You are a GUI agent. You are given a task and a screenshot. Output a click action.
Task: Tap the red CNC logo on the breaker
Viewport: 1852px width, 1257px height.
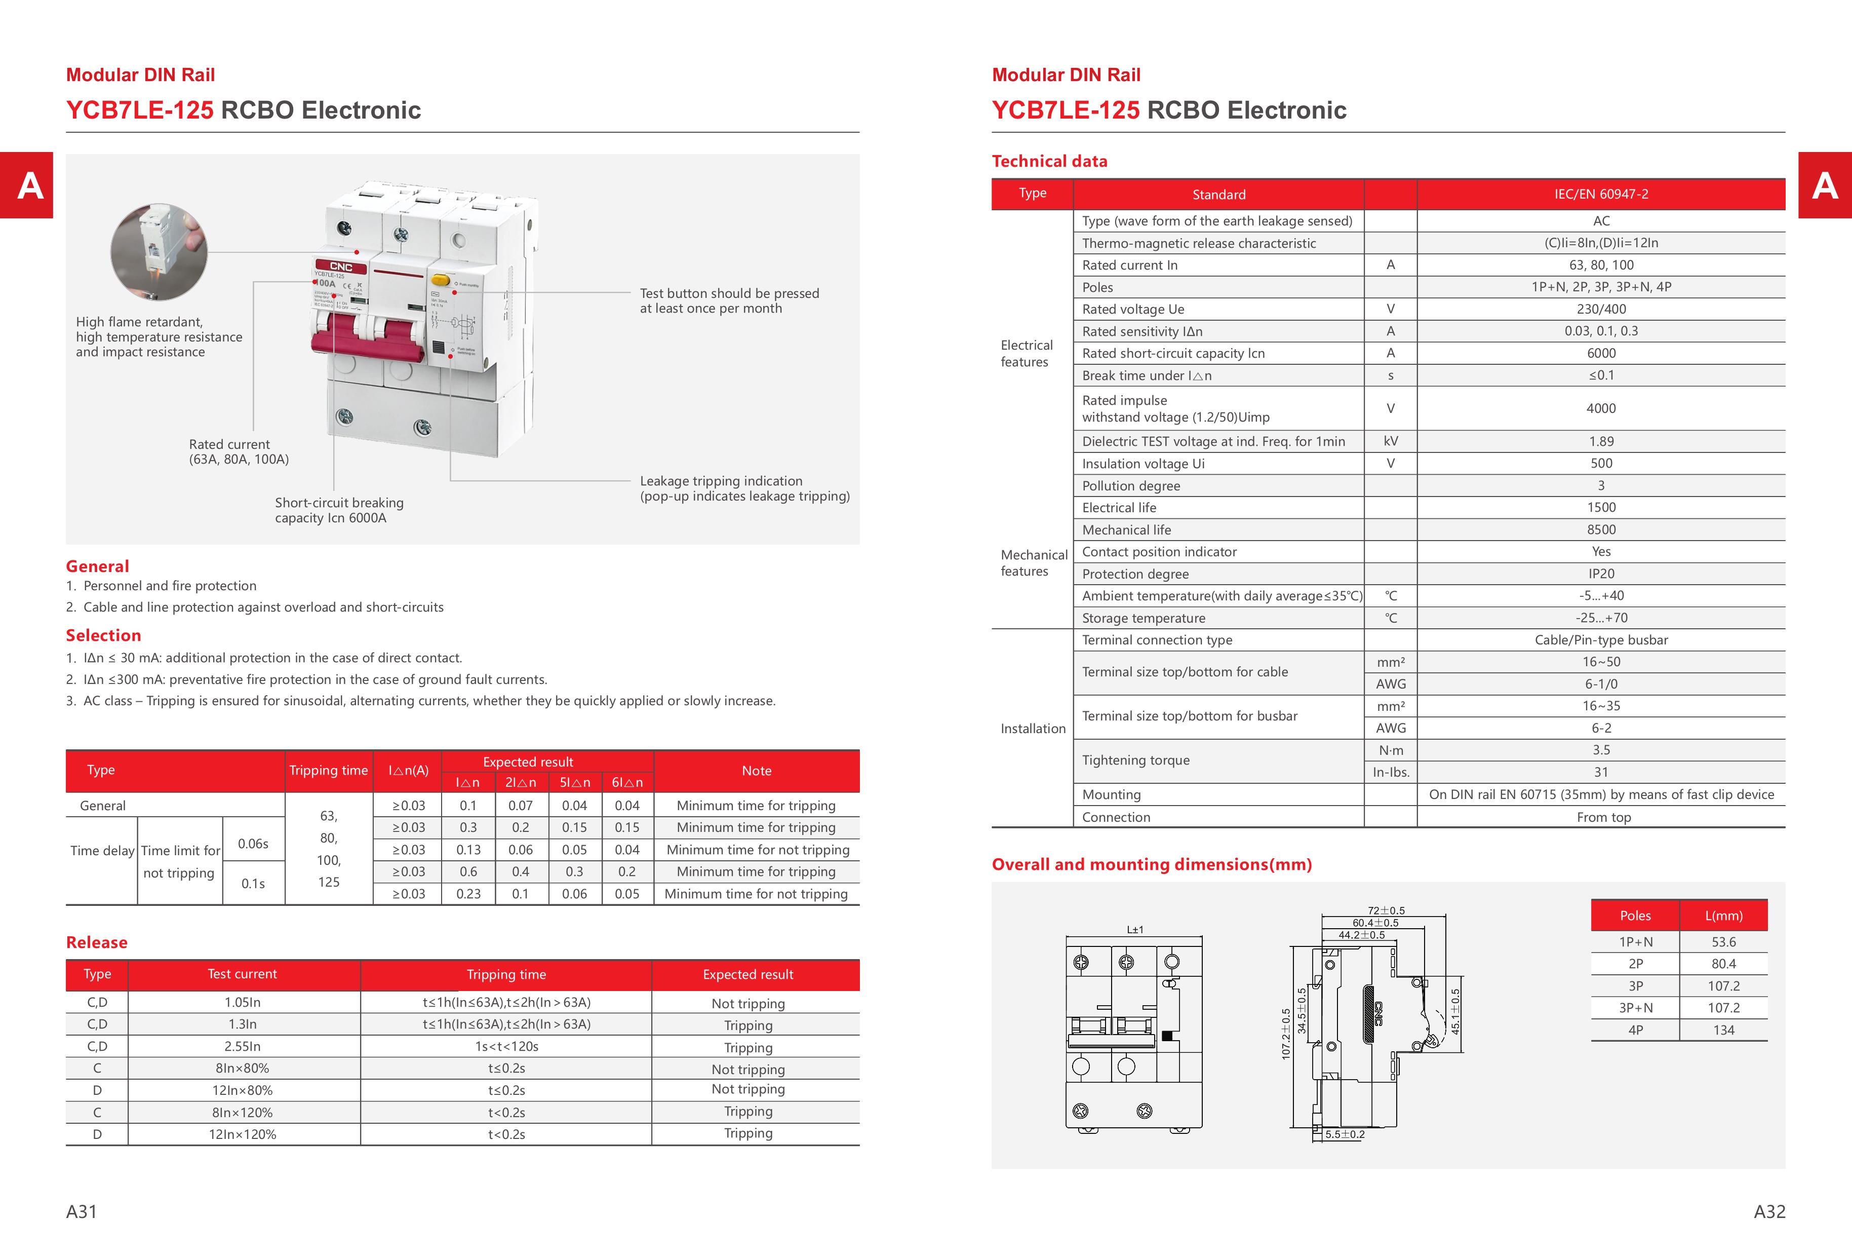[x=341, y=266]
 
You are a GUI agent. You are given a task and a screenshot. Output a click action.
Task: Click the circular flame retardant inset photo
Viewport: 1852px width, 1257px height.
[x=160, y=252]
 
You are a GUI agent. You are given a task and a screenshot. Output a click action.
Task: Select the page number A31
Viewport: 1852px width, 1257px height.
[x=82, y=1211]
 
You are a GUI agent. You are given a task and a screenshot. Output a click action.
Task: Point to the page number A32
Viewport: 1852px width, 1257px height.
[x=1769, y=1211]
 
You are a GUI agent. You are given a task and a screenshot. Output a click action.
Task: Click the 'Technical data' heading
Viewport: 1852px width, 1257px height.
[x=1049, y=161]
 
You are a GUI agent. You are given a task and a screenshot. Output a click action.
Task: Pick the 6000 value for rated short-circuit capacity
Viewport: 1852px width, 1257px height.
[x=1601, y=353]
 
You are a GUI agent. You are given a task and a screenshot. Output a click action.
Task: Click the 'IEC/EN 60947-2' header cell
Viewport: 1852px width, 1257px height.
[x=1601, y=194]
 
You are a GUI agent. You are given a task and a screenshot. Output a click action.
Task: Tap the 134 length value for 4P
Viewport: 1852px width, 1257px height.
[x=1724, y=1030]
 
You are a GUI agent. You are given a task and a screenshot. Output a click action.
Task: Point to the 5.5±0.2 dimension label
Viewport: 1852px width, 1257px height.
[x=1345, y=1134]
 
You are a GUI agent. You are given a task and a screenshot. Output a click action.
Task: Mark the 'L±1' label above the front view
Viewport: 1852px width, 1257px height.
[x=1135, y=929]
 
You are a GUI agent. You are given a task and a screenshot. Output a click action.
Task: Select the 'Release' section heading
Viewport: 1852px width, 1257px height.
[x=96, y=942]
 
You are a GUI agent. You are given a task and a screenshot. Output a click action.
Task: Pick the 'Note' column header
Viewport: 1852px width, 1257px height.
[x=756, y=770]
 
